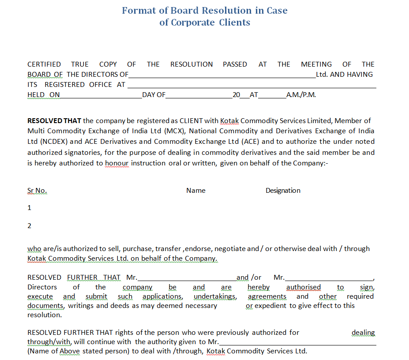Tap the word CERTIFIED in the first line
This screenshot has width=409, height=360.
point(44,64)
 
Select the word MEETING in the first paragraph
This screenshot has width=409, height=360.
point(316,64)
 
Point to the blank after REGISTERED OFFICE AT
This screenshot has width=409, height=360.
point(251,85)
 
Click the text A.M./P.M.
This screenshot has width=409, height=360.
point(301,95)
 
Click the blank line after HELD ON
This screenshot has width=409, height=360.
point(101,95)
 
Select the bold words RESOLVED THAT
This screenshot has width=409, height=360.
point(54,121)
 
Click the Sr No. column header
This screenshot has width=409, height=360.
point(37,191)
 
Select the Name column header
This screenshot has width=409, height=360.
point(196,191)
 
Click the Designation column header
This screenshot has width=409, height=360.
point(283,191)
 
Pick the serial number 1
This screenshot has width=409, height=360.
point(30,208)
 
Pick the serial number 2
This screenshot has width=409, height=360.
point(30,226)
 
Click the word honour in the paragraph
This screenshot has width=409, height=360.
point(116,163)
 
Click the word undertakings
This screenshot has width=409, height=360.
point(215,296)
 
